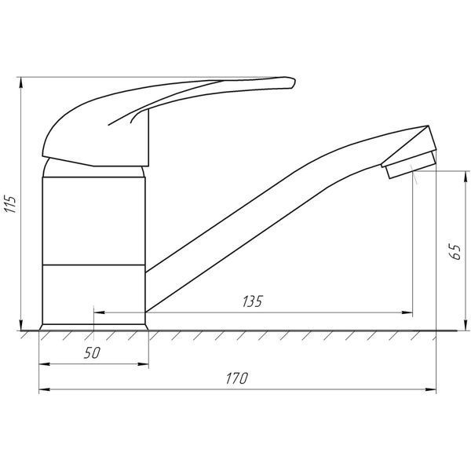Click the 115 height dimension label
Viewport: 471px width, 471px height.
(x=11, y=204)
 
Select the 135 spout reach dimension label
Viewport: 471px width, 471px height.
(x=253, y=301)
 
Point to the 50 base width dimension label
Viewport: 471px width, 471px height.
(x=92, y=353)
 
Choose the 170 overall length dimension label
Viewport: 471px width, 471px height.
(x=237, y=378)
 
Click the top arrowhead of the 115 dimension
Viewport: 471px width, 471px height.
(x=20, y=82)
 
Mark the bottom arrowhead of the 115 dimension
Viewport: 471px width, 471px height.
(x=20, y=325)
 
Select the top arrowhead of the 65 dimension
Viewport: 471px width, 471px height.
(x=466, y=177)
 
